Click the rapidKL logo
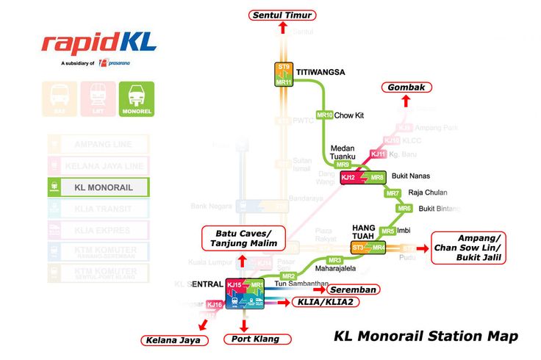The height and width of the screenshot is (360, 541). pyautogui.click(x=98, y=43)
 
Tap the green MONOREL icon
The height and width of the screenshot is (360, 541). pyautogui.click(x=136, y=98)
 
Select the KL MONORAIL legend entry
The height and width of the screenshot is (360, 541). pyautogui.click(x=98, y=187)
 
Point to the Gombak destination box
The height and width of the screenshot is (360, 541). pyautogui.click(x=406, y=87)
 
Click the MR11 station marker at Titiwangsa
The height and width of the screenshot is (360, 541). pyautogui.click(x=284, y=82)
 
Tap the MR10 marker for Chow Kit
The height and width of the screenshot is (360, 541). pyautogui.click(x=324, y=115)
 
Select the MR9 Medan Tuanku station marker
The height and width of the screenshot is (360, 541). pyautogui.click(x=343, y=165)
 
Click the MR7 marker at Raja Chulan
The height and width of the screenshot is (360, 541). pyautogui.click(x=393, y=193)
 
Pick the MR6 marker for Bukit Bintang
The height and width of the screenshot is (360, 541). pyautogui.click(x=404, y=209)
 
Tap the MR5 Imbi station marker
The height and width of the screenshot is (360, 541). pyautogui.click(x=387, y=231)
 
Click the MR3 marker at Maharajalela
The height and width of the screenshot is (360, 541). pyautogui.click(x=335, y=260)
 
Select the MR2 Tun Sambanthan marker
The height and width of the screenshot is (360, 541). pyautogui.click(x=288, y=276)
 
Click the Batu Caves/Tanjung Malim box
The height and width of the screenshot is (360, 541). pyautogui.click(x=243, y=237)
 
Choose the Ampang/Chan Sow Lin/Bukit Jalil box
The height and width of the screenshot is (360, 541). pyautogui.click(x=479, y=248)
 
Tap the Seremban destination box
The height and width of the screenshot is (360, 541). pyautogui.click(x=354, y=289)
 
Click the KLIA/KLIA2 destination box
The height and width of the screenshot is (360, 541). pyautogui.click(x=324, y=302)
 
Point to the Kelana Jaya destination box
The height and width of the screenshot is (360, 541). pyautogui.click(x=175, y=339)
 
